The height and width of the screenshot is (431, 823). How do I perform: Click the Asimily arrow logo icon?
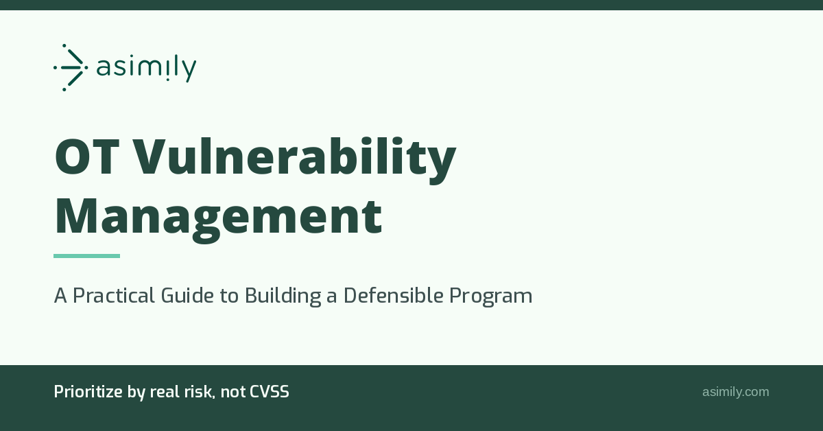pyautogui.click(x=71, y=68)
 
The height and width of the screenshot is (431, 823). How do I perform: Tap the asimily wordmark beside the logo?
pyautogui.click(x=146, y=69)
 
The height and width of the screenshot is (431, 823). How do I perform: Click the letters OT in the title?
pyautogui.click(x=88, y=156)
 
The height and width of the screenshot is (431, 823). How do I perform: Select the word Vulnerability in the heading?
pyautogui.click(x=294, y=160)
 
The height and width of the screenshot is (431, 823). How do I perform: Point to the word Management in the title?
pyautogui.click(x=219, y=220)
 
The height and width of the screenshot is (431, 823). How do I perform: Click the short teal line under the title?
pyautogui.click(x=86, y=256)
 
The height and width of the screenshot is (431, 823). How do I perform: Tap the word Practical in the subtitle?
pyautogui.click(x=114, y=295)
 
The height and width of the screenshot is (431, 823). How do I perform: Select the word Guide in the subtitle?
pyautogui.click(x=187, y=295)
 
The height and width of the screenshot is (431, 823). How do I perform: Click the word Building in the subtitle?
pyautogui.click(x=283, y=296)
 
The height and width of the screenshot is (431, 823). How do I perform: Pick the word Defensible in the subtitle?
pyautogui.click(x=394, y=295)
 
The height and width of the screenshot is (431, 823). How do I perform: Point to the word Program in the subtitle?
pyautogui.click(x=491, y=296)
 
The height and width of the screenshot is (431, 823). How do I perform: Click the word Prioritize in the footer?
pyautogui.click(x=88, y=392)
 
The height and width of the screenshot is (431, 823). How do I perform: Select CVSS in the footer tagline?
pyautogui.click(x=270, y=392)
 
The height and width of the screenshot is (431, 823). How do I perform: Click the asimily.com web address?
pyautogui.click(x=735, y=392)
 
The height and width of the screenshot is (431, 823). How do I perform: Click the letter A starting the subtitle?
pyautogui.click(x=60, y=295)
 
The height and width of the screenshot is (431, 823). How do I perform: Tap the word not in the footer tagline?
pyautogui.click(x=232, y=393)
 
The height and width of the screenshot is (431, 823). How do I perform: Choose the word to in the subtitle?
pyautogui.click(x=229, y=296)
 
